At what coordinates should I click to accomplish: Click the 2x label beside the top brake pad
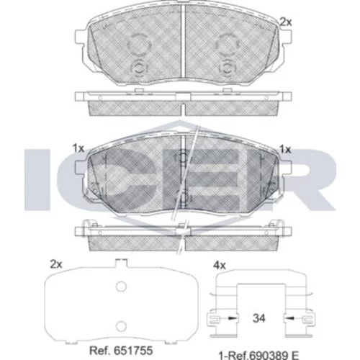286,22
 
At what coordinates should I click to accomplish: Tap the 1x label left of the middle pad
78,148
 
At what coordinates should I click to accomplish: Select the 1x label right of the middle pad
285,150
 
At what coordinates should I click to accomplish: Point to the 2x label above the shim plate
56,264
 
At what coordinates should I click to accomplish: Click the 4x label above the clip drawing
220,266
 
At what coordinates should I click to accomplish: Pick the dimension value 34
259,318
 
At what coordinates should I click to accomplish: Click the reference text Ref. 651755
121,351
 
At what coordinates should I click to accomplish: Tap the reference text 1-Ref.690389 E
258,355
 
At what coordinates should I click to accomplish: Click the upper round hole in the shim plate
121,287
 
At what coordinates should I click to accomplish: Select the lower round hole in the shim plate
121,326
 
